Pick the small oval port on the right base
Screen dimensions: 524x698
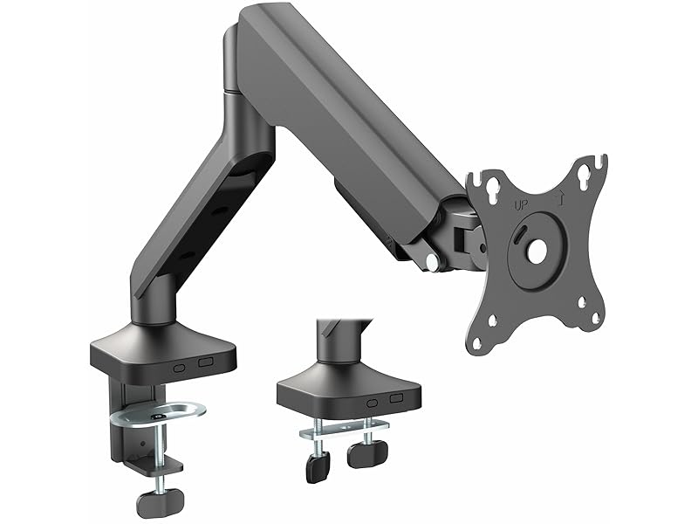tap(373, 403)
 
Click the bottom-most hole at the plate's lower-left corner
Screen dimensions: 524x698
tap(478, 341)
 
